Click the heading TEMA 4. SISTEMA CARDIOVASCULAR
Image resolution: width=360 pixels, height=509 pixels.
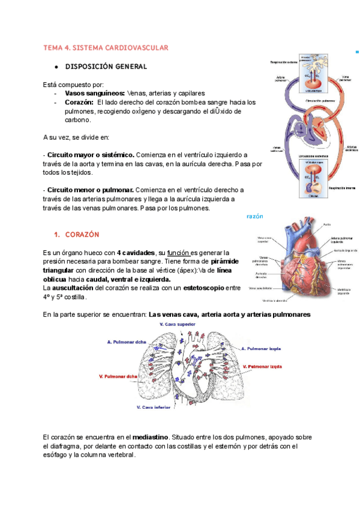pyautogui.click(x=106, y=47)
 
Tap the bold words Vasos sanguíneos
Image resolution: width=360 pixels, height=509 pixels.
pyautogui.click(x=95, y=94)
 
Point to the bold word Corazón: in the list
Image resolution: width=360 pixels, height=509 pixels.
pyautogui.click(x=80, y=103)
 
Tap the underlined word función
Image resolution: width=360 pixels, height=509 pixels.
pyautogui.click(x=178, y=253)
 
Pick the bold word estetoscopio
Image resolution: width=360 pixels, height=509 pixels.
pyautogui.click(x=203, y=288)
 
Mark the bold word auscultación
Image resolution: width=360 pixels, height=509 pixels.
pyautogui.click(x=74, y=288)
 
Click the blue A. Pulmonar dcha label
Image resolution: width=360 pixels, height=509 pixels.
pyautogui.click(x=127, y=343)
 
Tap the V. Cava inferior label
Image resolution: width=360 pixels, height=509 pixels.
pyautogui.click(x=156, y=408)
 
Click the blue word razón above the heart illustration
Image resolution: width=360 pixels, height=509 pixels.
pyautogui.click(x=256, y=216)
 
